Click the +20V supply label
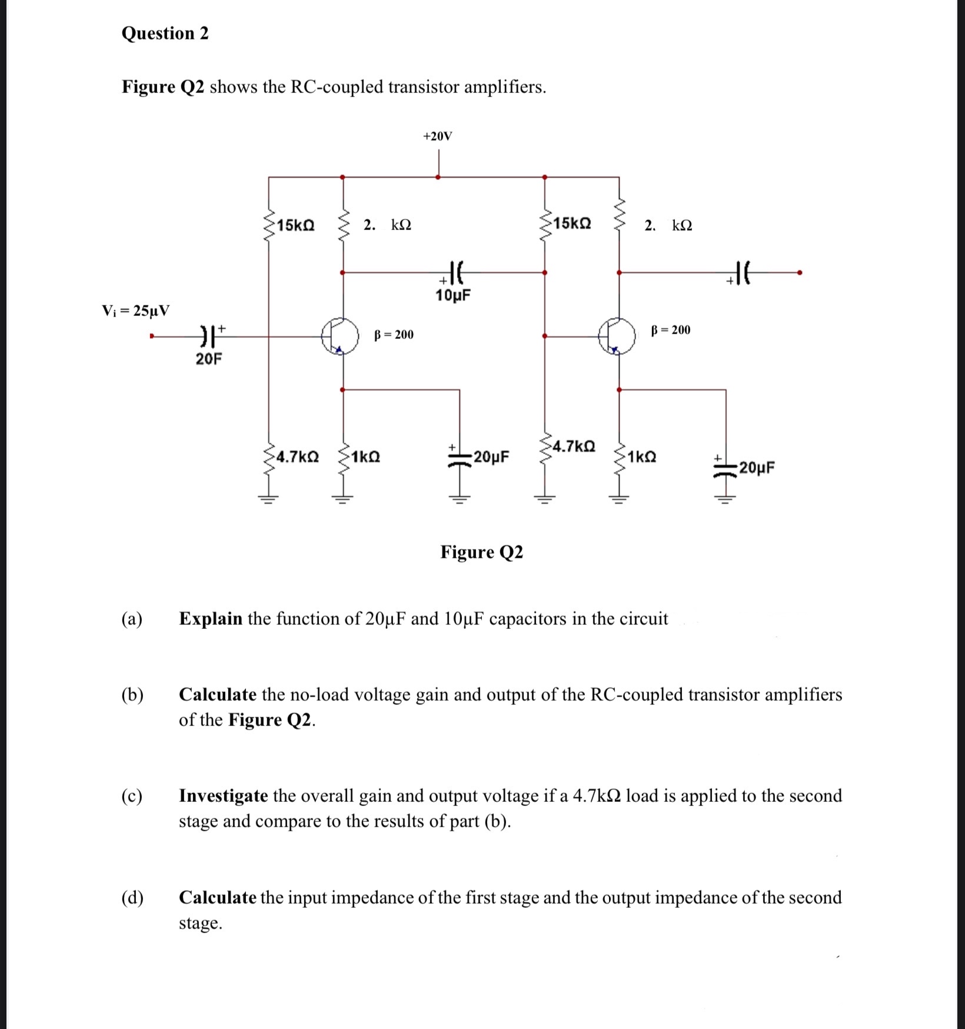coord(437,136)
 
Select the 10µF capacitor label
coord(453,295)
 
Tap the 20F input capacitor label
coord(209,359)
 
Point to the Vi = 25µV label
coord(136,310)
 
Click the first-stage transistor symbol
coord(340,337)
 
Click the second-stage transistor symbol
coord(617,336)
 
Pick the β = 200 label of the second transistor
coord(671,329)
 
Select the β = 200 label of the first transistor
coord(394,335)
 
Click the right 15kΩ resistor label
coord(573,224)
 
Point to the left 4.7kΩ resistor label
coord(298,457)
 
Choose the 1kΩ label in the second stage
coord(642,457)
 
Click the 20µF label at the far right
coord(757,468)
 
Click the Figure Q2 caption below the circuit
coord(481,552)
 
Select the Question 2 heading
coord(165,34)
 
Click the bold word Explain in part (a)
coord(211,618)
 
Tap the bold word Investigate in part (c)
coord(224,795)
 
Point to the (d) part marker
coord(132,897)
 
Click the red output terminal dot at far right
coord(798,272)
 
